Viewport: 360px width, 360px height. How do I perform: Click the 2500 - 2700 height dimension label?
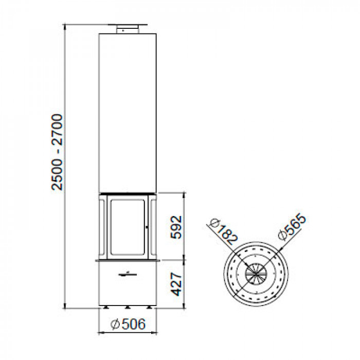point(57,152)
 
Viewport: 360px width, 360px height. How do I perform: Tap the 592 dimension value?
point(176,227)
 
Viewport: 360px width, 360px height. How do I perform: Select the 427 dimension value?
point(176,284)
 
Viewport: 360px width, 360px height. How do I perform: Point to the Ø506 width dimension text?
point(128,323)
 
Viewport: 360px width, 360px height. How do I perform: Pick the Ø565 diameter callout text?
point(292,227)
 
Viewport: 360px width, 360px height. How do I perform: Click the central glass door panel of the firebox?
point(128,227)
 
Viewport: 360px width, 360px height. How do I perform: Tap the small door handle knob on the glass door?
point(147,227)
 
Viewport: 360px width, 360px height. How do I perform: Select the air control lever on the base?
point(128,274)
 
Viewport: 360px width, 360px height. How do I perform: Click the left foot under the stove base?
point(106,307)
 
